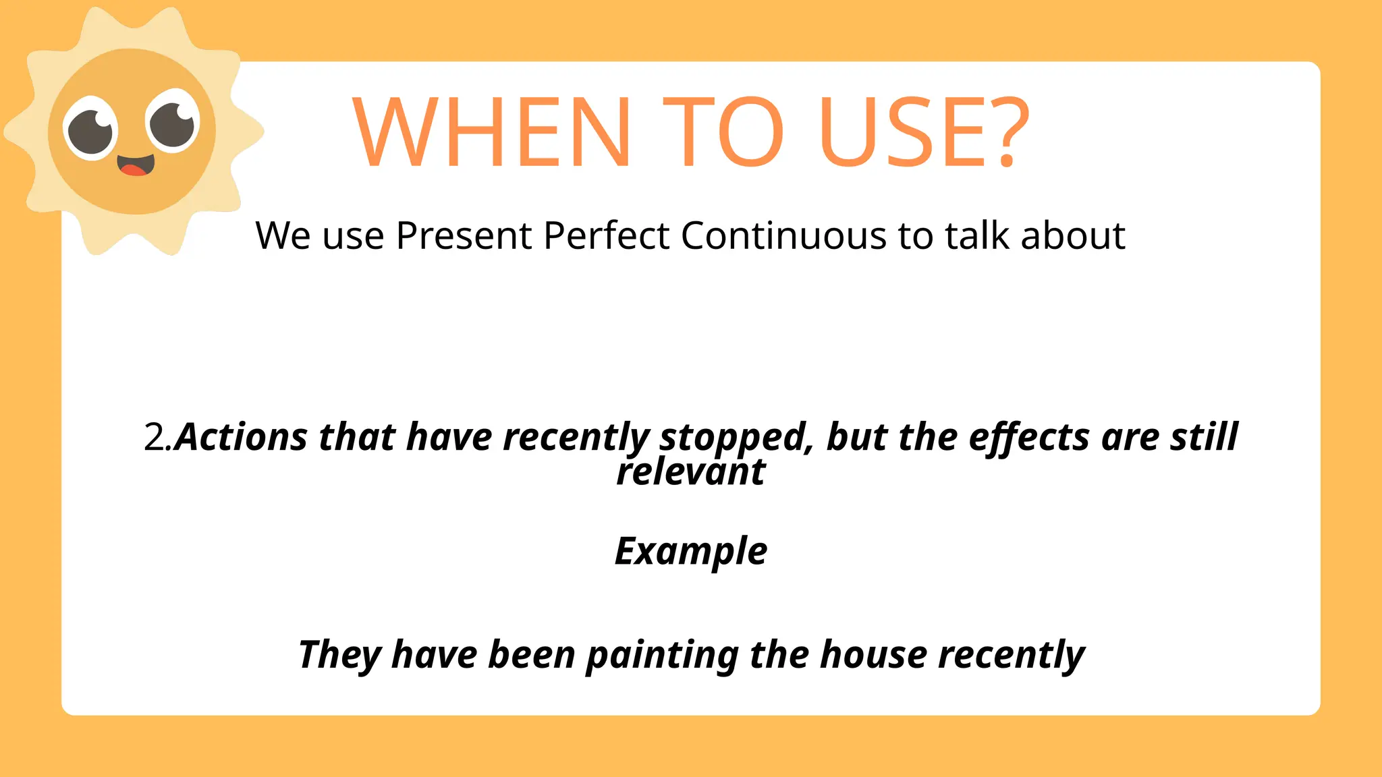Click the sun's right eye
pyautogui.click(x=173, y=121)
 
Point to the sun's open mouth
pyautogui.click(x=136, y=165)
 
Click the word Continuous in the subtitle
pyautogui.click(x=783, y=236)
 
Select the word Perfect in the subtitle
pyautogui.click(x=607, y=236)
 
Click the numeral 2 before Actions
pyautogui.click(x=154, y=438)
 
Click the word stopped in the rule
pyautogui.click(x=734, y=438)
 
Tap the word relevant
pyautogui.click(x=691, y=471)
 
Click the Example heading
pyautogui.click(x=691, y=552)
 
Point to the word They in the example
pyautogui.click(x=340, y=655)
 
